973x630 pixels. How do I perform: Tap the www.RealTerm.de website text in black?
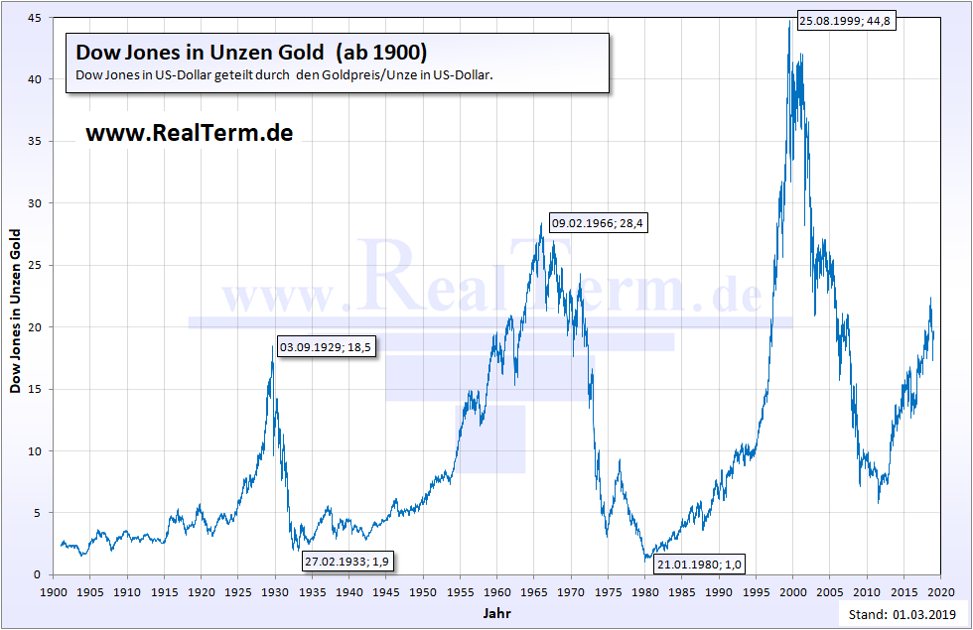coord(190,132)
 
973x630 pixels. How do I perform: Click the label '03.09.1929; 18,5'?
coord(326,347)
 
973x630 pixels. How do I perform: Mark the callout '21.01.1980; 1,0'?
coord(699,565)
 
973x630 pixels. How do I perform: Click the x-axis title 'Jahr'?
coord(496,613)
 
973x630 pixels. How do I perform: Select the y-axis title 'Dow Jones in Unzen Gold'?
coord(15,311)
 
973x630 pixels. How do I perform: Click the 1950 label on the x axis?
coord(423,591)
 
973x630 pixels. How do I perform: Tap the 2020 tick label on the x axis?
coord(940,591)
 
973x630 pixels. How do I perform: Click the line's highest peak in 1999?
coord(789,22)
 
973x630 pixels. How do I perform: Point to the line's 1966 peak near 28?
coord(541,224)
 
